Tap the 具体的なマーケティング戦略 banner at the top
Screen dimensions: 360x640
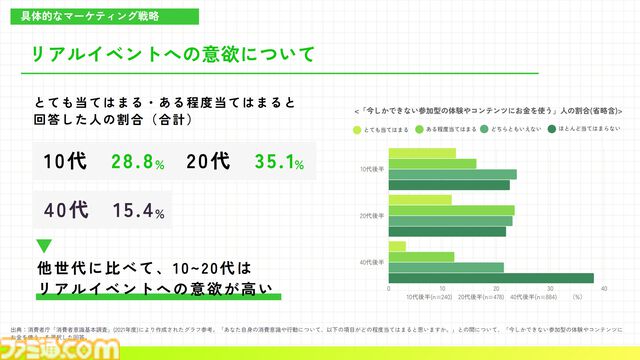click(96, 17)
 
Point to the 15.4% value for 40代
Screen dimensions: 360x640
click(138, 211)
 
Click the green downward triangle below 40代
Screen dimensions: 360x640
click(44, 245)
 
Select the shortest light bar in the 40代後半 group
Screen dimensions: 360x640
click(397, 246)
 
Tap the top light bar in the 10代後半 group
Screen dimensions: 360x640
click(421, 153)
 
